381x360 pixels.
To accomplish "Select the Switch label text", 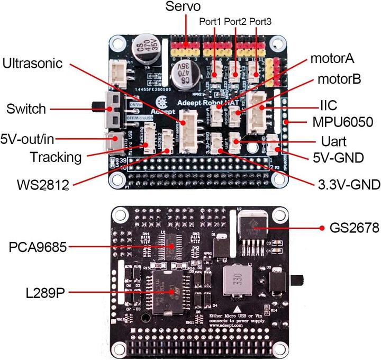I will coord(26,109).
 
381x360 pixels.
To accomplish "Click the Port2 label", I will coord(235,22).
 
